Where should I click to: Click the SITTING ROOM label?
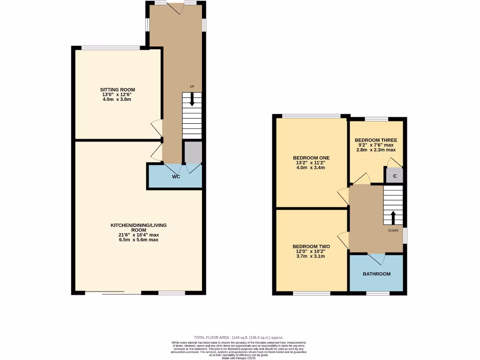click(117, 90)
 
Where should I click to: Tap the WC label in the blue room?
click(176, 177)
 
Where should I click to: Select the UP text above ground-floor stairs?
click(192, 87)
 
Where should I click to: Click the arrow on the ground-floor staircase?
click(192, 100)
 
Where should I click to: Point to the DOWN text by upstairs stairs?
click(393, 230)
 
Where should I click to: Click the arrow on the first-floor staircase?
click(393, 217)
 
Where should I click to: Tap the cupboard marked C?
click(395, 176)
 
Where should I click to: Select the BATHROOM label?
click(376, 274)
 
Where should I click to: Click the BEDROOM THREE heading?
click(376, 140)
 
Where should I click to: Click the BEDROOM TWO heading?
click(311, 247)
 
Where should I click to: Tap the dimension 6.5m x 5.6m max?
click(138, 240)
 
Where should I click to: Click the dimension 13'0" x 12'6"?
click(117, 94)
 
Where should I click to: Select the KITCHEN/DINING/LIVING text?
click(138, 225)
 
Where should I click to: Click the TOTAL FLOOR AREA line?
click(239, 337)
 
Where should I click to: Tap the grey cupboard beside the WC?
click(193, 151)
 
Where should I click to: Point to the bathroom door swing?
click(377, 258)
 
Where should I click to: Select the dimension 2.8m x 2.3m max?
click(376, 150)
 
